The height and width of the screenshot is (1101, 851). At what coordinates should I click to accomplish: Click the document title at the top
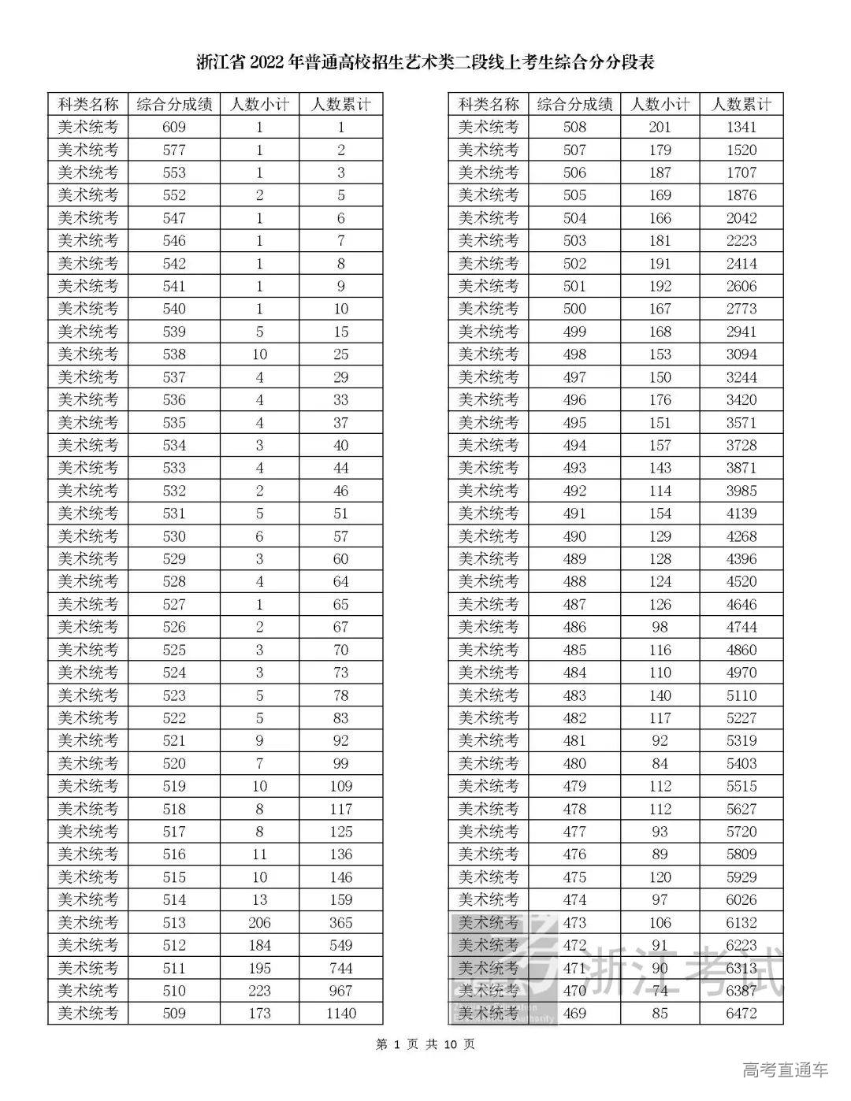(x=425, y=62)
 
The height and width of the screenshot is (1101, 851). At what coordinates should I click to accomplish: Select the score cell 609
(x=173, y=128)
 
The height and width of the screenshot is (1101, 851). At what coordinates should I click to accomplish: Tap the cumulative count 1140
(x=340, y=1014)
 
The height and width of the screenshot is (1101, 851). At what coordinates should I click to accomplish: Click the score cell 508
(x=574, y=128)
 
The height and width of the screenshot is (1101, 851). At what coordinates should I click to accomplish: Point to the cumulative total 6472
(x=741, y=1014)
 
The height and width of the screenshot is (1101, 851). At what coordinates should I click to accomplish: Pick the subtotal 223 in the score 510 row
(x=259, y=991)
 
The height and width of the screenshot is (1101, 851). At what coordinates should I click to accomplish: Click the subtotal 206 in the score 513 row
(x=259, y=923)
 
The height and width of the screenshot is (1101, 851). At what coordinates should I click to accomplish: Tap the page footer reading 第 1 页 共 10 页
(x=425, y=1045)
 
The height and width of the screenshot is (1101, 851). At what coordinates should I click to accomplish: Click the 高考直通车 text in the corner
(x=786, y=1070)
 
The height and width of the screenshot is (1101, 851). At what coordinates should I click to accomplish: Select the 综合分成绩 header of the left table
(x=173, y=105)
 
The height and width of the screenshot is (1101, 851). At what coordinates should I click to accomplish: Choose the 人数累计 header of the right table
(x=741, y=105)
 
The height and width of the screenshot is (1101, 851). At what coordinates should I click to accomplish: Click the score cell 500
(x=574, y=309)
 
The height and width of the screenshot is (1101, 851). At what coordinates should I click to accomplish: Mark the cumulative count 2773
(x=741, y=309)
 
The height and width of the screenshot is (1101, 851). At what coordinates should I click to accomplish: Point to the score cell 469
(x=574, y=1014)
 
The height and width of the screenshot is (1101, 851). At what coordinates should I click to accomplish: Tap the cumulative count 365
(x=340, y=923)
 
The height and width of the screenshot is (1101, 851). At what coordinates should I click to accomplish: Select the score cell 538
(x=173, y=354)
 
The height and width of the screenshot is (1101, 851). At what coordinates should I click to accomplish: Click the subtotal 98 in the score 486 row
(x=660, y=627)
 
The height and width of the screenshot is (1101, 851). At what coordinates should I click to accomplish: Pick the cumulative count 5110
(x=741, y=695)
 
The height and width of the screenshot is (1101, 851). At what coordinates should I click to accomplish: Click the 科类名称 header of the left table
(x=87, y=105)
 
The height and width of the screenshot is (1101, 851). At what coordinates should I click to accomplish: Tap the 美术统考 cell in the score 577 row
(x=87, y=150)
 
